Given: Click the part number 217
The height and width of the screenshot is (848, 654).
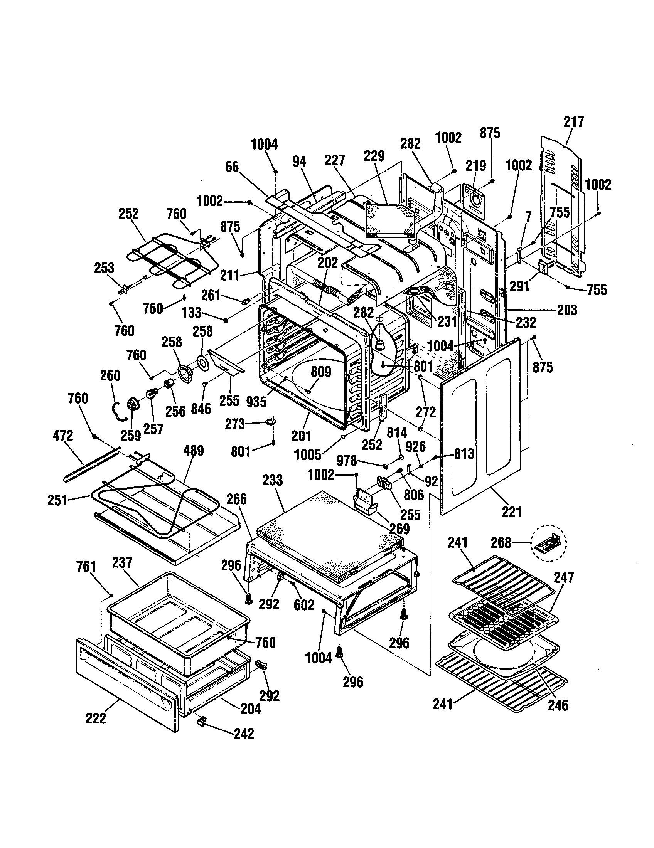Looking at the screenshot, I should [x=574, y=122].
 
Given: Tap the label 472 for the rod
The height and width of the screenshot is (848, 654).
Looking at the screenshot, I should [x=62, y=436].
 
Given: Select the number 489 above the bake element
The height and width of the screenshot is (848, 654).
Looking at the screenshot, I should [x=193, y=451].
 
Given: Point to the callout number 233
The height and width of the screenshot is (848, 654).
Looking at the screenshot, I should [x=272, y=480].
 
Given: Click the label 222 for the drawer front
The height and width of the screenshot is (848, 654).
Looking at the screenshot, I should [x=96, y=718].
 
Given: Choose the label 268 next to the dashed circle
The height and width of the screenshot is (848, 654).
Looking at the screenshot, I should [x=501, y=542].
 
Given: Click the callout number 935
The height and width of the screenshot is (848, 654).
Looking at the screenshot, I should [x=256, y=402].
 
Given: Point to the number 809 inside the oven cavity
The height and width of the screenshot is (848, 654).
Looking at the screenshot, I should [x=321, y=372].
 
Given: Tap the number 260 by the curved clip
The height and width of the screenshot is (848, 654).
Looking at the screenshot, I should [x=110, y=375].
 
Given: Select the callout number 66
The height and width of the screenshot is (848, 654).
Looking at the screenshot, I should [x=232, y=167].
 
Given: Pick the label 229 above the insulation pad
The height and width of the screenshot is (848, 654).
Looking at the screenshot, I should [x=374, y=156].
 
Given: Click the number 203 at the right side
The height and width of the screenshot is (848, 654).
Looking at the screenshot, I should [x=567, y=310].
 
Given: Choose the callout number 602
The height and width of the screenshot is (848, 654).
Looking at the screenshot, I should [x=304, y=604].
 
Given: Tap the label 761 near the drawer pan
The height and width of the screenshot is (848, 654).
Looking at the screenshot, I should [x=86, y=567].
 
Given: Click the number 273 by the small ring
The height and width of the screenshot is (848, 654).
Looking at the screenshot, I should [x=235, y=424].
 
